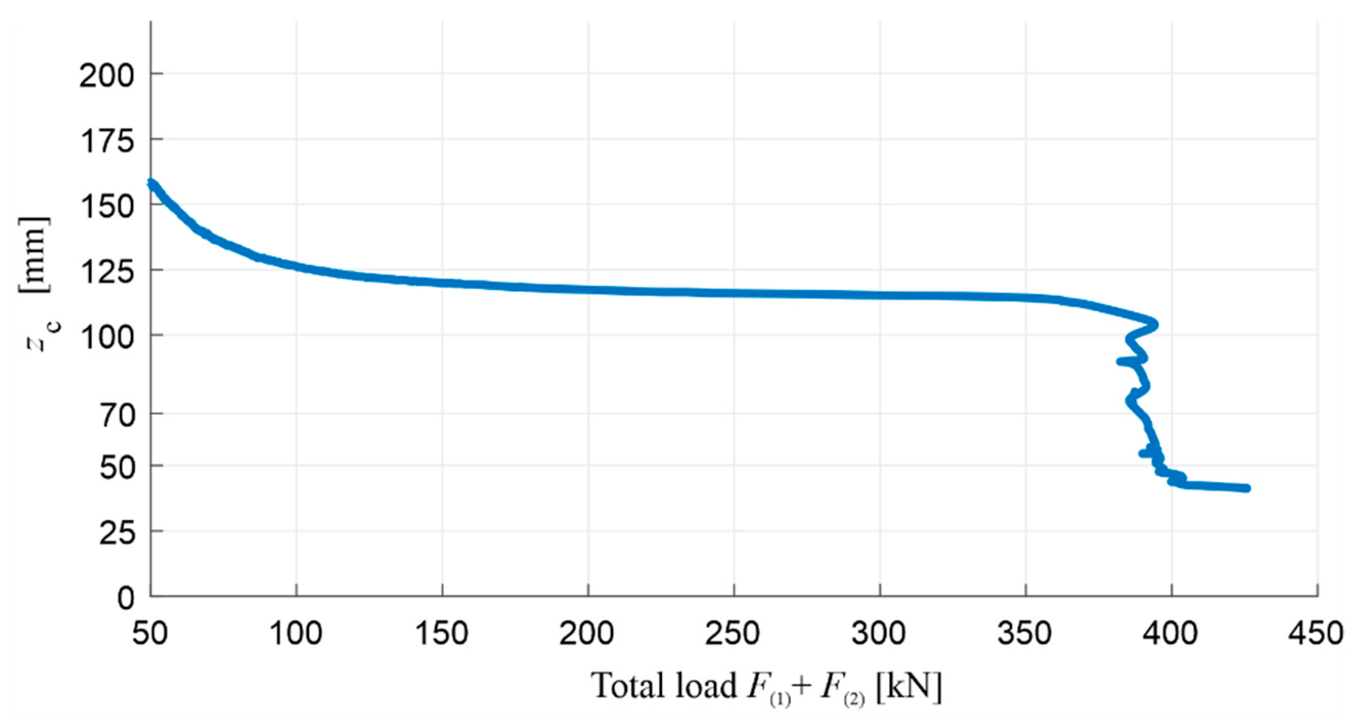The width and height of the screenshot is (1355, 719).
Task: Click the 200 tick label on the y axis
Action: pyautogui.click(x=107, y=77)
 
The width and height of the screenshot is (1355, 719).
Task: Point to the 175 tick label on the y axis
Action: pyautogui.click(x=107, y=142)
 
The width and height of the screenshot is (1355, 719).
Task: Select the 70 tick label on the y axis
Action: pyautogui.click(x=117, y=416)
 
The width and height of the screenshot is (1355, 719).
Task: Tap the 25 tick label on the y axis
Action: pyautogui.click(x=117, y=534)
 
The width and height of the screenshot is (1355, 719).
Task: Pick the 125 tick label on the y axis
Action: pyautogui.click(x=107, y=273)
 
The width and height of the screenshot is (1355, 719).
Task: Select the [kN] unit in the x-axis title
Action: pyautogui.click(x=909, y=686)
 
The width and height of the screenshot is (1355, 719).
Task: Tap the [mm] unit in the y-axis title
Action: pyautogui.click(x=35, y=254)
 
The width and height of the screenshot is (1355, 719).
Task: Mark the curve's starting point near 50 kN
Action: pyautogui.click(x=151, y=184)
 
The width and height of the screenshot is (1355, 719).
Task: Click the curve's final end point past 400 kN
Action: pyautogui.click(x=1246, y=488)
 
